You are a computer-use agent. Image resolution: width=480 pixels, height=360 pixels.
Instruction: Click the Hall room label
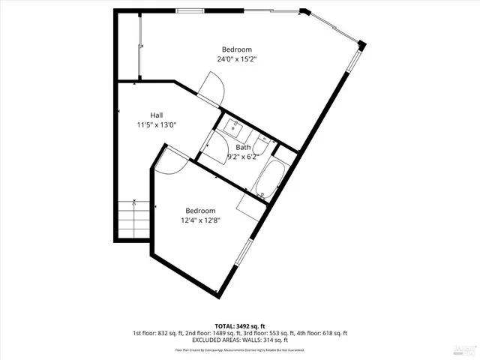[156, 115]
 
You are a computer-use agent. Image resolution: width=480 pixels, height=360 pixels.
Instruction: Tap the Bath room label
[243, 147]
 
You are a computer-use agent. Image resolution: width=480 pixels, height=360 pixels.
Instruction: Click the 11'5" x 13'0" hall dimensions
[156, 124]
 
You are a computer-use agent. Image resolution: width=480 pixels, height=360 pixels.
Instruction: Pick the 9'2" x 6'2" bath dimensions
[243, 157]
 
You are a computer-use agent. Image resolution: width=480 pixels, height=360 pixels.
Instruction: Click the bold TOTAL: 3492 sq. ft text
[240, 325]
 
